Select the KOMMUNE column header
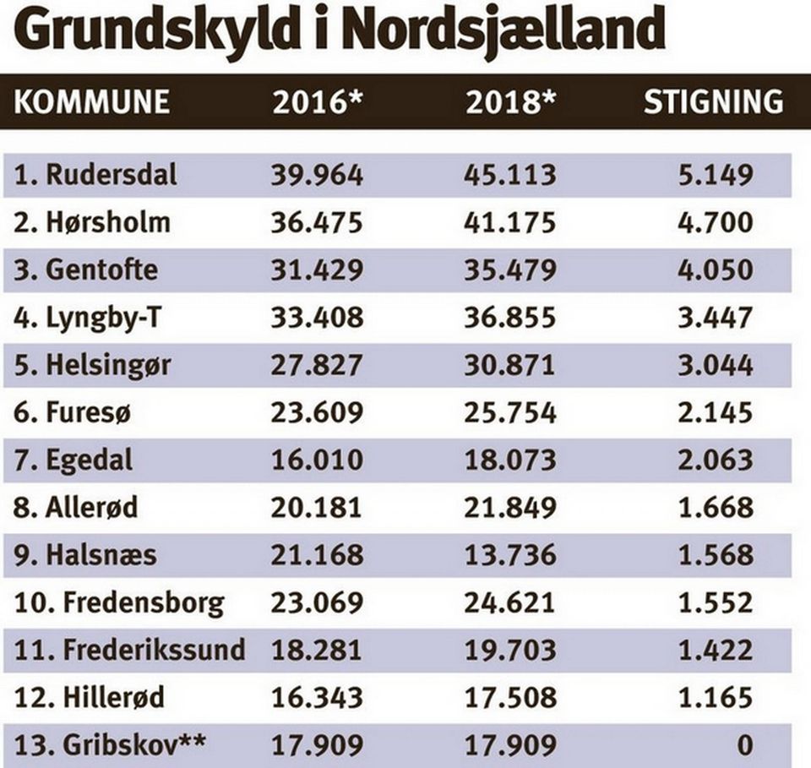coord(91,101)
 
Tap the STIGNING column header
coord(713,101)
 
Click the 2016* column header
coord(318,101)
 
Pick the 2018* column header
coord(510,101)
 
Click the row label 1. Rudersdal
coord(95,174)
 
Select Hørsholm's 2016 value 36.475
coord(317,222)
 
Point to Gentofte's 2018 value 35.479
coord(510,270)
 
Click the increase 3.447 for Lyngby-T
coord(716,318)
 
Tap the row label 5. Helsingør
coord(92,365)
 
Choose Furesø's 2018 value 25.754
coord(510,412)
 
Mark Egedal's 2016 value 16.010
coord(317,460)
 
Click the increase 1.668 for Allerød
coord(716,508)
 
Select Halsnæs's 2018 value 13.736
coord(510,555)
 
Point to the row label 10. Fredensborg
coord(119,603)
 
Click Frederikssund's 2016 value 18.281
coord(316,651)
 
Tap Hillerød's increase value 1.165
coord(716,698)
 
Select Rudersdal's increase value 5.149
coord(716,175)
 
